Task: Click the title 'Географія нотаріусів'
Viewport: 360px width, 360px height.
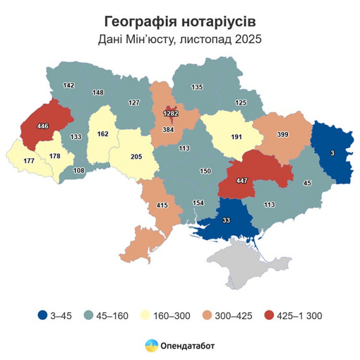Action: coord(180,22)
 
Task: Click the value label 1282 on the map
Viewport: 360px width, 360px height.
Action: coord(171,113)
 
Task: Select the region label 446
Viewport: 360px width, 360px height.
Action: coord(43,126)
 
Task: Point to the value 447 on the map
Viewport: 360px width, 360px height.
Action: coord(242,179)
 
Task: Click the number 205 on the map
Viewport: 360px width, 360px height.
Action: coord(137,157)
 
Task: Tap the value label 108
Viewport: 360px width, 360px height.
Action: coord(79,170)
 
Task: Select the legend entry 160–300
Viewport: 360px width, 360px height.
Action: coord(174,315)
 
